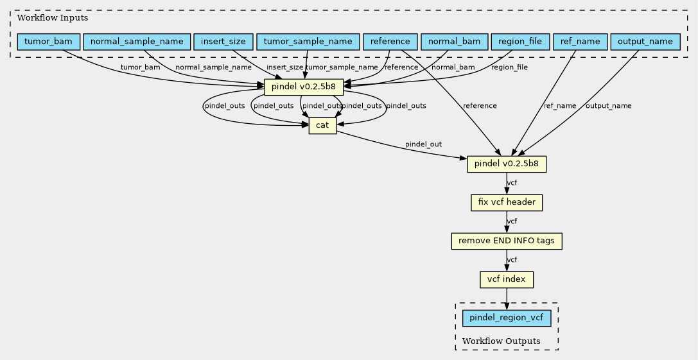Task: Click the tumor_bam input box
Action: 48,42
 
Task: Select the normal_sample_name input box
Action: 137,42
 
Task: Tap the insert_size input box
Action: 223,42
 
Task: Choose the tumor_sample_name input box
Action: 308,42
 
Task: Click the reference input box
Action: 390,42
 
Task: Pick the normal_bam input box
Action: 454,42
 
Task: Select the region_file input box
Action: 520,42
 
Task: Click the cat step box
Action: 322,126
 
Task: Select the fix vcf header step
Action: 507,203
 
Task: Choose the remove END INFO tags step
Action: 507,241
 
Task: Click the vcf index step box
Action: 507,280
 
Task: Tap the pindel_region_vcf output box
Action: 507,318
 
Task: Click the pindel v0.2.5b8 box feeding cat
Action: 304,87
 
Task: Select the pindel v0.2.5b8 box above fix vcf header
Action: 507,164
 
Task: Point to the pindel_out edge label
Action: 423,144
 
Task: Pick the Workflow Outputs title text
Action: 502,341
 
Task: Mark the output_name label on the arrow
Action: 608,106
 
